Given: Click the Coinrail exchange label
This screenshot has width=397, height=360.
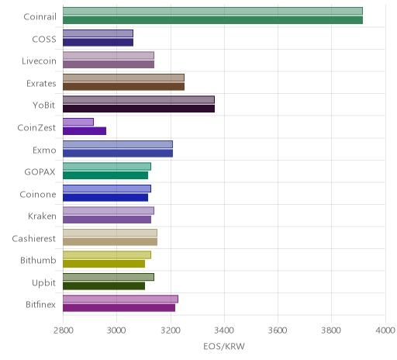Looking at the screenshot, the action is [x=40, y=16].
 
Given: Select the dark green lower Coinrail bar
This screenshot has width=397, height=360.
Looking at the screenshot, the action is [x=212, y=20].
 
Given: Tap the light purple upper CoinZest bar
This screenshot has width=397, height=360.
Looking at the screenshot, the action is [x=78, y=122].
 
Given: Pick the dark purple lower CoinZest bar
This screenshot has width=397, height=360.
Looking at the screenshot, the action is [x=85, y=131].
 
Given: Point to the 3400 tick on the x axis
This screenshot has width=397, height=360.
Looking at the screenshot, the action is [x=224, y=331].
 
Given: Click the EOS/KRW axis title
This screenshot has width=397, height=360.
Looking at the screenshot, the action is [x=224, y=346].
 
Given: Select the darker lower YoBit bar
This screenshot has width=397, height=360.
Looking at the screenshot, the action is [x=139, y=109].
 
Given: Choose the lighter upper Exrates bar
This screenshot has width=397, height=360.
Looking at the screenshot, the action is [x=123, y=78].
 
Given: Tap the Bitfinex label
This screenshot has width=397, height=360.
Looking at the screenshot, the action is [x=40, y=304].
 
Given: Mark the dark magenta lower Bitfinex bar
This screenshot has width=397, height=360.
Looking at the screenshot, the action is [x=119, y=308].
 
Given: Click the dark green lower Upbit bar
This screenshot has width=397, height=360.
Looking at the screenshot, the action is [x=104, y=286].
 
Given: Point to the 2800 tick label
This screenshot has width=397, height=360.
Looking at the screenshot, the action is [x=63, y=331].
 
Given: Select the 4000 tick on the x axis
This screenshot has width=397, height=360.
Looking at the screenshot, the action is [x=385, y=331].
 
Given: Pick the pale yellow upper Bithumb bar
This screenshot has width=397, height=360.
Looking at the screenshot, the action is [x=107, y=254].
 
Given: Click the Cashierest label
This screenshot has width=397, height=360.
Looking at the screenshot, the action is [x=33, y=238].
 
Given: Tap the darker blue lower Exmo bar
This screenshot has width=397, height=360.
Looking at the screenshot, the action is [x=118, y=153].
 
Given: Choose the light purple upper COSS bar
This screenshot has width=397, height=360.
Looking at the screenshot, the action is [x=98, y=33].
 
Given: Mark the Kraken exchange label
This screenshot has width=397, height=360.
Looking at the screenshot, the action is [x=42, y=216].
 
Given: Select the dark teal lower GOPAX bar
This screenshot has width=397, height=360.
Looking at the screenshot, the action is [x=105, y=175].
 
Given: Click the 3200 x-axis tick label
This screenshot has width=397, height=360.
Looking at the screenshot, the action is [x=171, y=331].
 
